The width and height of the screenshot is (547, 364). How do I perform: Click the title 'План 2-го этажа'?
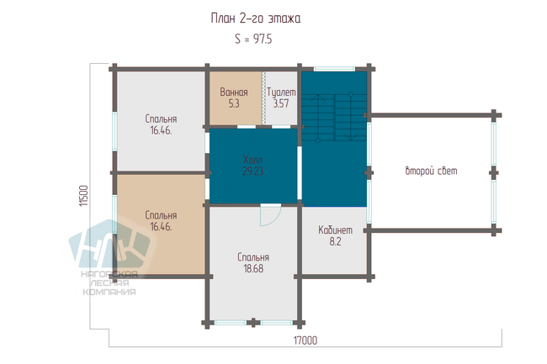click(255, 18)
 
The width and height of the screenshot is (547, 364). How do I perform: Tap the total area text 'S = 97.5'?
click(253, 39)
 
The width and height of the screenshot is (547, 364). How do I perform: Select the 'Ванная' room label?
click(234, 92)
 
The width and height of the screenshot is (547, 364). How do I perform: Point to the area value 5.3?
click(234, 103)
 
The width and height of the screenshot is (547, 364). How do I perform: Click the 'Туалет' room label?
click(281, 92)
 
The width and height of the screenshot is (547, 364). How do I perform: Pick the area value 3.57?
click(281, 103)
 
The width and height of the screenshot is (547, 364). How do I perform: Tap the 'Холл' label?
click(252, 160)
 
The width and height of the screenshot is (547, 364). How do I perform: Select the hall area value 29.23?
click(252, 171)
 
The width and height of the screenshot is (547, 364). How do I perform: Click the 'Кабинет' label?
click(335, 229)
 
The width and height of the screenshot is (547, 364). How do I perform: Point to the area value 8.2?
click(335, 241)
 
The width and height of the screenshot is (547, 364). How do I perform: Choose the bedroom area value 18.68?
click(253, 268)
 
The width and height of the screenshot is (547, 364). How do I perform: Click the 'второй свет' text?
click(431, 171)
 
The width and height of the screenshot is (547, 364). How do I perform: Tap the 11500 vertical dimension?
click(83, 196)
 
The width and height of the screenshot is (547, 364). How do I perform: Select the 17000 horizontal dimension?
click(305, 340)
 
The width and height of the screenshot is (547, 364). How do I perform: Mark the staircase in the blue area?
click(334, 118)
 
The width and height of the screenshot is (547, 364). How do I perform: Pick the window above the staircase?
click(334, 69)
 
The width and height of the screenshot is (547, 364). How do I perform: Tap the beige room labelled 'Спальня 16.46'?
click(161, 224)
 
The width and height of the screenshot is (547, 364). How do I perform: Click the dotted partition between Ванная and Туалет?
click(263, 98)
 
